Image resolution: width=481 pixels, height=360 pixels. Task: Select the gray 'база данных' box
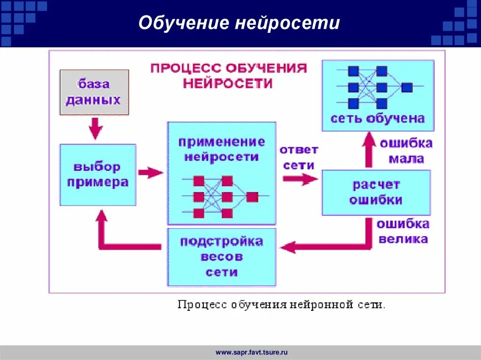click(x=94, y=92)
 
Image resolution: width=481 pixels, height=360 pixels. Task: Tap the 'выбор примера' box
click(x=98, y=175)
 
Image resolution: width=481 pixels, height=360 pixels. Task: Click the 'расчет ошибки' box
click(x=376, y=192)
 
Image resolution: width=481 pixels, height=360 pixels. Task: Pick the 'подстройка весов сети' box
click(x=222, y=257)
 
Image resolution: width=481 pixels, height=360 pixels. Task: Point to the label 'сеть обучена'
click(x=378, y=118)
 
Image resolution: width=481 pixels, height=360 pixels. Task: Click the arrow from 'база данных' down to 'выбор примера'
click(x=96, y=128)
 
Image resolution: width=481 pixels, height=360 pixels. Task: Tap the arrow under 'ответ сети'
click(x=301, y=178)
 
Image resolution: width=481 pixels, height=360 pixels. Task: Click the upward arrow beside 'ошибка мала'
click(x=369, y=149)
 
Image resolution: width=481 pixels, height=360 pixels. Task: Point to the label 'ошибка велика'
click(x=403, y=231)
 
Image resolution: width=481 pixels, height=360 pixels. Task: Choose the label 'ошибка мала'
click(x=406, y=151)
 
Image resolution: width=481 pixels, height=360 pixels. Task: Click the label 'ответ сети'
click(x=299, y=157)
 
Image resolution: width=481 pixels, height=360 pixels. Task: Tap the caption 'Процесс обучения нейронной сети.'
click(x=281, y=305)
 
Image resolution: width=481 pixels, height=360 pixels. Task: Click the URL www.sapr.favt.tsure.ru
click(x=251, y=352)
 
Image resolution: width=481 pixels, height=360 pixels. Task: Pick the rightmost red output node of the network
click(x=252, y=197)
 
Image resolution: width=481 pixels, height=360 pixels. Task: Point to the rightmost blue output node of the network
click(x=407, y=87)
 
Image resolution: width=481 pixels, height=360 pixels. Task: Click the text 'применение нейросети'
click(x=222, y=149)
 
